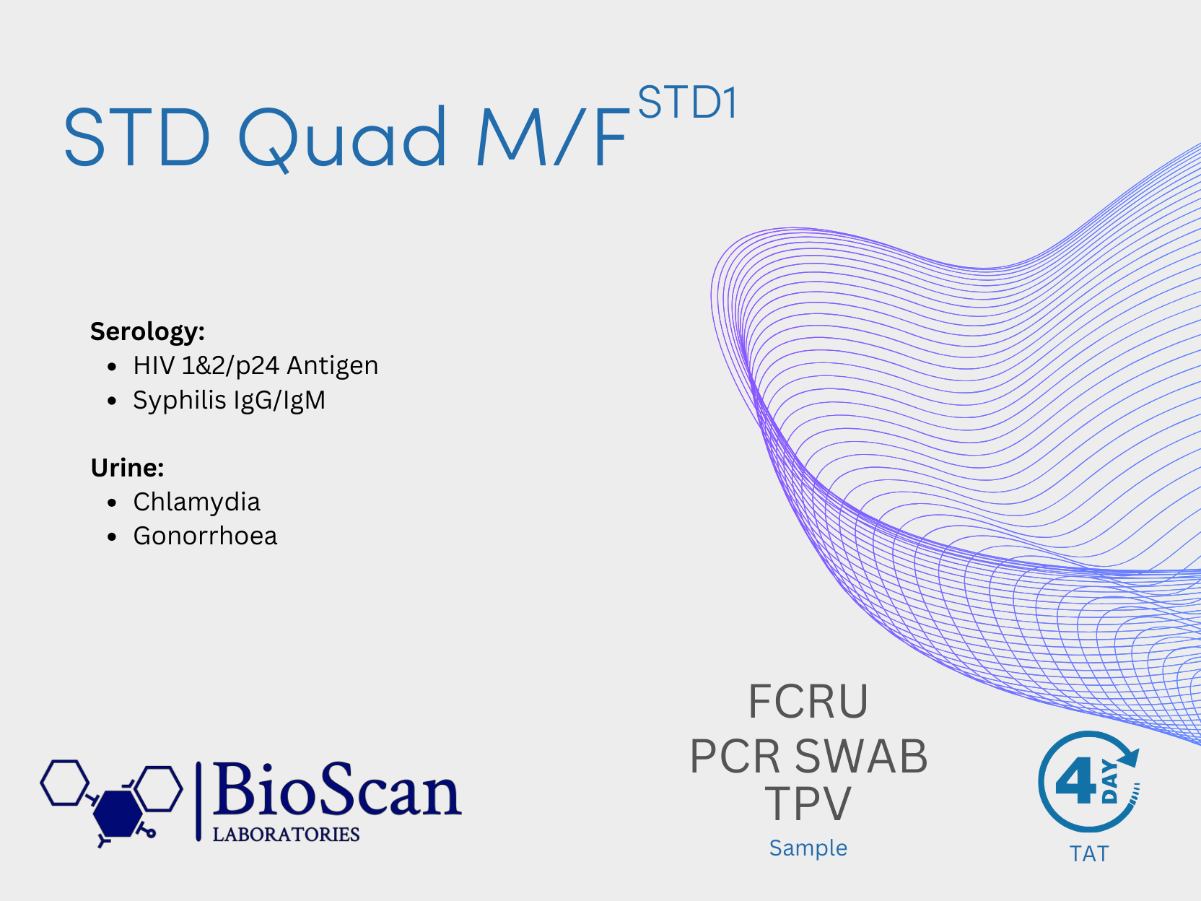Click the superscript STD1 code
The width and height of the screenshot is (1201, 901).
pos(688,102)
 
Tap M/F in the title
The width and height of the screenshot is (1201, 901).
pos(552,136)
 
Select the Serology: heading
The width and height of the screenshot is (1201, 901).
pos(148,331)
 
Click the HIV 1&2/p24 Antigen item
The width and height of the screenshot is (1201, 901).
pos(256,366)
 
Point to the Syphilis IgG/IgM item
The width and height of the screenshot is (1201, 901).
pos(230,401)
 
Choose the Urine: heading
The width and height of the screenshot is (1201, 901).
pos(128,468)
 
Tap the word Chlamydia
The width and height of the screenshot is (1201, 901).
pos(196,502)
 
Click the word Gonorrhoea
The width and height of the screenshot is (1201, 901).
pos(205,536)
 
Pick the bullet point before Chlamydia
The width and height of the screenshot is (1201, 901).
pos(112,502)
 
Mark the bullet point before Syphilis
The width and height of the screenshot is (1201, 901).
pos(112,401)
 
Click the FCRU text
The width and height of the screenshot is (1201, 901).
pos(808,702)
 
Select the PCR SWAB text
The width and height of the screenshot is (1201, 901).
pos(808,757)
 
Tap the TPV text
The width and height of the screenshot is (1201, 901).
pos(808,803)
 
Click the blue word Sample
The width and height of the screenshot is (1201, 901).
pos(808,848)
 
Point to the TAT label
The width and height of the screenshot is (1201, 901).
pos(1089,854)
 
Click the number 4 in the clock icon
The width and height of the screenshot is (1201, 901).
pos(1076,784)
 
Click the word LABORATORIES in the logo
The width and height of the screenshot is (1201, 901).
pos(286,835)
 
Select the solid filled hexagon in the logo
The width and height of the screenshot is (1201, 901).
pos(117,814)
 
